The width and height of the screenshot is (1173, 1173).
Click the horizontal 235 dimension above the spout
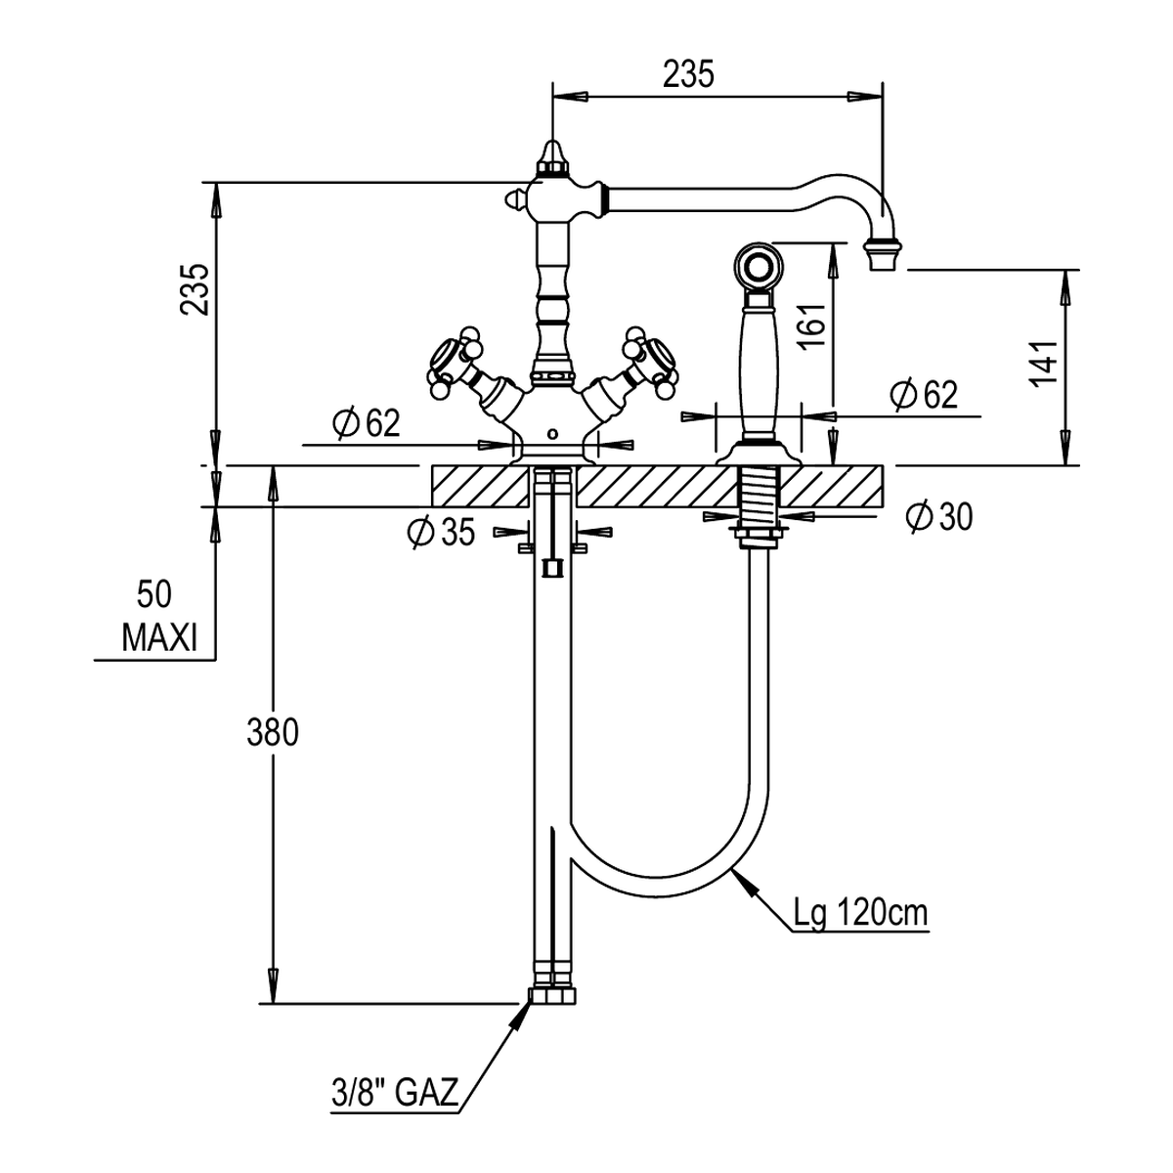(x=688, y=75)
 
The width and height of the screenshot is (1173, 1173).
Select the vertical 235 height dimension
(x=196, y=289)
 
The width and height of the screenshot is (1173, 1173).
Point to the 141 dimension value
(x=1044, y=363)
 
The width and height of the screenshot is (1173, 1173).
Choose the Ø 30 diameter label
(x=939, y=517)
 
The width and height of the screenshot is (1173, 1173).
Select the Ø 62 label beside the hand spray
(x=924, y=395)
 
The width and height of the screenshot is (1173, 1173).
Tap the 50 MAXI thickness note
(x=159, y=617)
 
